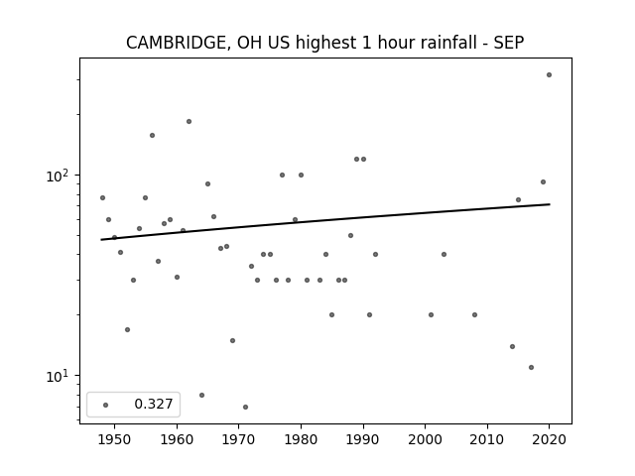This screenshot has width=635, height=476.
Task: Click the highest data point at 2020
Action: click(549, 75)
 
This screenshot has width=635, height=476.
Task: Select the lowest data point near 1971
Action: click(245, 408)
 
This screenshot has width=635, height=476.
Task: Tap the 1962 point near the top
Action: click(189, 121)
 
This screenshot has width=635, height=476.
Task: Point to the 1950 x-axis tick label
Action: click(114, 439)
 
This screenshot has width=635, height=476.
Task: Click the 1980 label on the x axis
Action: click(301, 439)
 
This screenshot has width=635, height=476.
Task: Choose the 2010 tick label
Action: click(487, 439)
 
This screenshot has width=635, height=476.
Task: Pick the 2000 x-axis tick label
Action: click(426, 439)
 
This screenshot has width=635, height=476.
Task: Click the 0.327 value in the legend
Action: click(154, 404)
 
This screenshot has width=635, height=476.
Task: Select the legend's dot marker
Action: click(106, 406)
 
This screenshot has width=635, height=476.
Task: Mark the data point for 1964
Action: click(201, 395)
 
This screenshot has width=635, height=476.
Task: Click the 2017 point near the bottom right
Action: click(532, 368)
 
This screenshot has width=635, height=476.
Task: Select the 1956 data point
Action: click(152, 135)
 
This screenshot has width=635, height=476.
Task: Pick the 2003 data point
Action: click(444, 255)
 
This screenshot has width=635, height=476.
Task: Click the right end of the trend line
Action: click(550, 204)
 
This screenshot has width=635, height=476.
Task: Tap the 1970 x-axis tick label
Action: click(238, 439)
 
